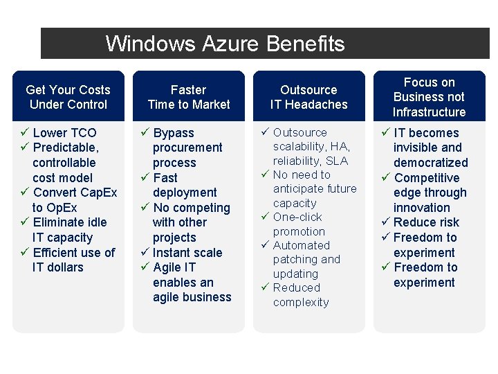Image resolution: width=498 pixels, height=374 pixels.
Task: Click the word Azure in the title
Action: pos(230,44)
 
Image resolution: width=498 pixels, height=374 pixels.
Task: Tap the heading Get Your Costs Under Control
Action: pos(68,97)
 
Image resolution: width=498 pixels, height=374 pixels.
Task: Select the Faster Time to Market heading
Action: pos(189,97)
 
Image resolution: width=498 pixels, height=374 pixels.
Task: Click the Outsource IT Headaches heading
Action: pos(308,97)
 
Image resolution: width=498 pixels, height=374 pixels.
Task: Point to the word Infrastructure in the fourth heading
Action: pos(429,112)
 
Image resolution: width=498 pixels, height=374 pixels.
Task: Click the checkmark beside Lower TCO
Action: pos(25,132)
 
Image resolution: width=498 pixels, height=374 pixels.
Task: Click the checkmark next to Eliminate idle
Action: pos(25,222)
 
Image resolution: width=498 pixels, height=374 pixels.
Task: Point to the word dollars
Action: pos(65,267)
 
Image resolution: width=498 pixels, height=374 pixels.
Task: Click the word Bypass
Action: pos(174,133)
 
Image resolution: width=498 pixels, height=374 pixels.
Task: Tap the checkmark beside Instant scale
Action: pos(145,252)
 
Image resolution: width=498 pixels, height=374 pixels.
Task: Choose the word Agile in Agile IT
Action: pos(165,267)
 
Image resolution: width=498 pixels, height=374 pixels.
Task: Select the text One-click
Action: pos(297,217)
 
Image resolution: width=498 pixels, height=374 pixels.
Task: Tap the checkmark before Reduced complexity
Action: pos(265,287)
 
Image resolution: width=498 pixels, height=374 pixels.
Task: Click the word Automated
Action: pos(302,245)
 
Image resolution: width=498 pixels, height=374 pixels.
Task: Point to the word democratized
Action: pos(431,163)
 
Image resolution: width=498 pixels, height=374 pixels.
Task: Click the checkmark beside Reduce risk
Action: pos(385,222)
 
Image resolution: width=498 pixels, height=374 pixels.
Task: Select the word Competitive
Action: pos(427,178)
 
